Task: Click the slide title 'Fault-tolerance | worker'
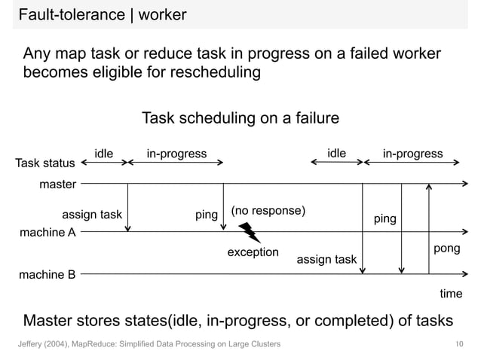(103, 14)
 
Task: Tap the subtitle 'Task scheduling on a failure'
(240, 118)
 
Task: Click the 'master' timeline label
(57, 184)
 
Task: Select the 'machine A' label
(47, 233)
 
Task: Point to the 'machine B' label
(47, 275)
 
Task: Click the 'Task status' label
(45, 163)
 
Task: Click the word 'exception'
(253, 252)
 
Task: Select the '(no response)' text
(268, 211)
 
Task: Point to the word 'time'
(451, 294)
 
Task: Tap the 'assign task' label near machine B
(326, 260)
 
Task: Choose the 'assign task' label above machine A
(91, 215)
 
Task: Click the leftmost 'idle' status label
(103, 154)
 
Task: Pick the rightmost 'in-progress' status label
(412, 154)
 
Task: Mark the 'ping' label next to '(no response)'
(206, 215)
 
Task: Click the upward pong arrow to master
(428, 226)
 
